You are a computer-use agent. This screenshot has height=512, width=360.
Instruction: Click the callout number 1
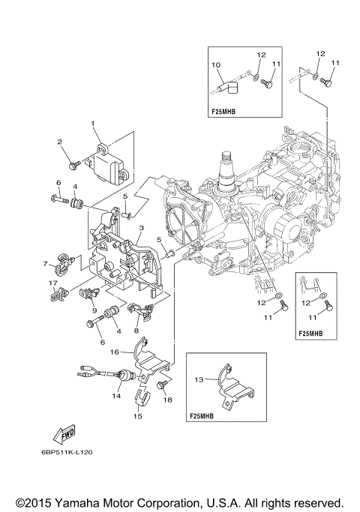tap(94, 123)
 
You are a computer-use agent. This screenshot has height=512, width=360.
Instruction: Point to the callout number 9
tap(94, 310)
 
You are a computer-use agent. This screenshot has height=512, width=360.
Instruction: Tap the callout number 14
tap(116, 395)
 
